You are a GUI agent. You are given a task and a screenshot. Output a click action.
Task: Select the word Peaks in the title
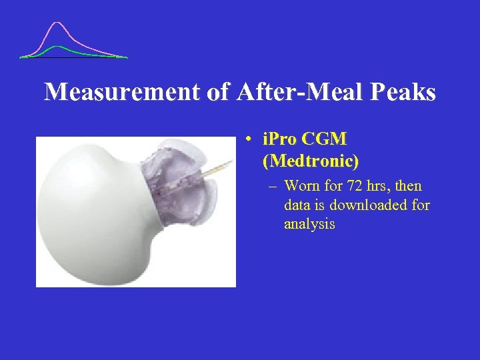point(403,92)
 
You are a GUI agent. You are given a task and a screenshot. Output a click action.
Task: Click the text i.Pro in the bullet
point(279,139)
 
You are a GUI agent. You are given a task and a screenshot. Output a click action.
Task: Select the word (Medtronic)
point(311,161)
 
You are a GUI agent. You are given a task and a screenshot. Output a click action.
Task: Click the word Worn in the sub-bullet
point(301,186)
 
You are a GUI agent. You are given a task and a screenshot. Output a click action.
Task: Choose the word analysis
point(309,224)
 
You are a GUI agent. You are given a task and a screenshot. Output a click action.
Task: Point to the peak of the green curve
point(59,47)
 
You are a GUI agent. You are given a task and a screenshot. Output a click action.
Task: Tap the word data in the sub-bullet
point(297,205)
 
